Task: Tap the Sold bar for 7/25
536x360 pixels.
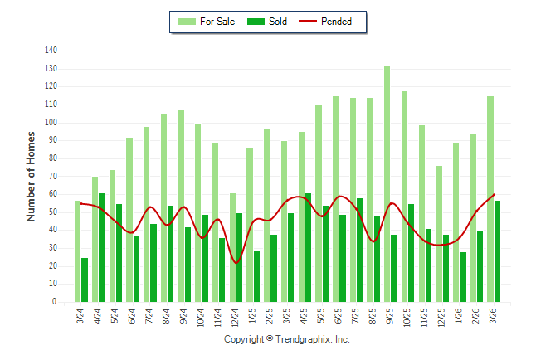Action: pos(359,250)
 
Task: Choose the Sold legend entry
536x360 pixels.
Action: pos(268,22)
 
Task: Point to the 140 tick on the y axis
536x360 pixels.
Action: pos(51,51)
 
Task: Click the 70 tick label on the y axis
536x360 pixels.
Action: pos(52,177)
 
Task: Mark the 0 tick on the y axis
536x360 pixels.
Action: pos(55,302)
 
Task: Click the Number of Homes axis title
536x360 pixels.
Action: pos(32,175)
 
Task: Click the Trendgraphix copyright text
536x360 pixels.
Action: pos(287,339)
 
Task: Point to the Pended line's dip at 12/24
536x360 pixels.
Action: pos(236,263)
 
